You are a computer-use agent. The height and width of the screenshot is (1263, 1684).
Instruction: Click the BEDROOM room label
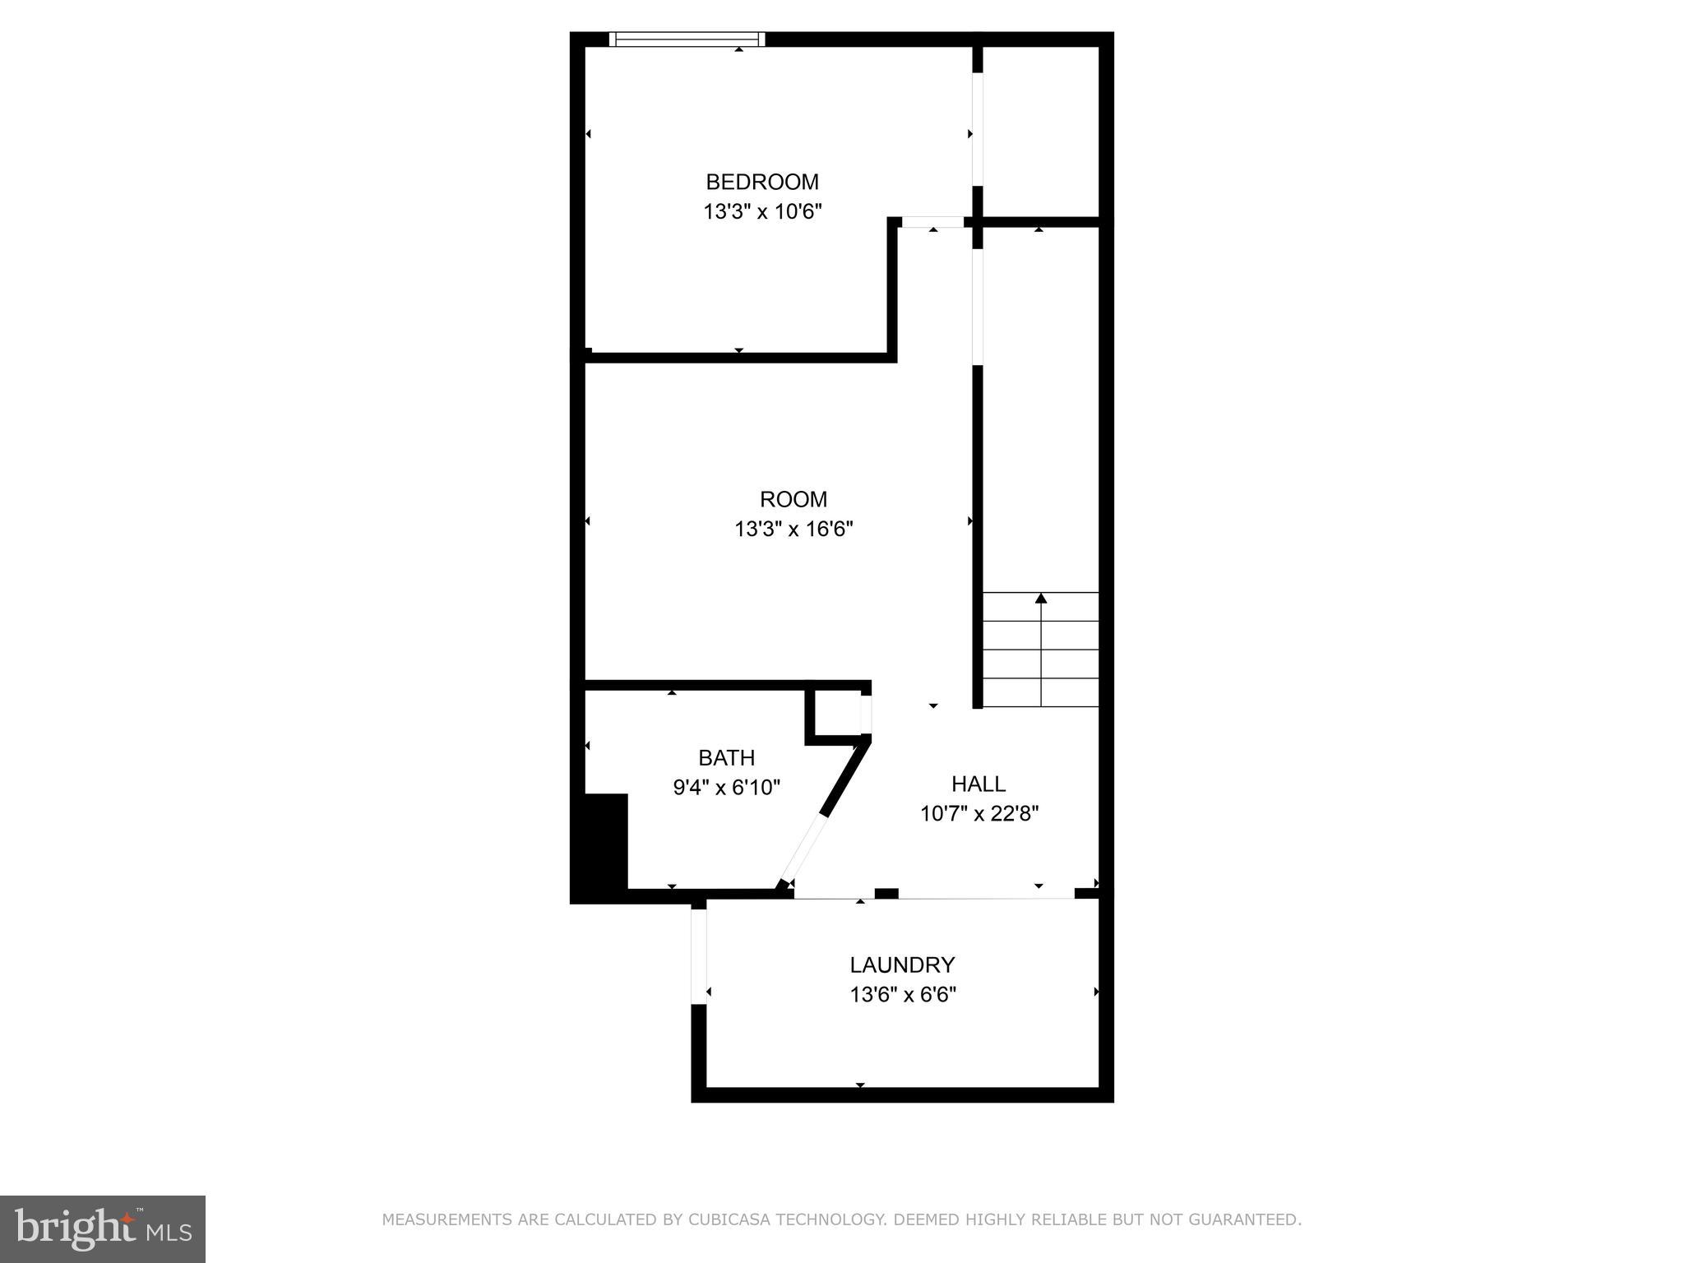point(762,182)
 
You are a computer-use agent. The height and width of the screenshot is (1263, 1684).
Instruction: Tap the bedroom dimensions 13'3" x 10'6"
point(762,212)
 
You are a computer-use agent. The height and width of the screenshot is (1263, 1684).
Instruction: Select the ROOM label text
point(793,499)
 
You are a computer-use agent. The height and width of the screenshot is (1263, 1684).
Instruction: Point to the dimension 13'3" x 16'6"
point(793,529)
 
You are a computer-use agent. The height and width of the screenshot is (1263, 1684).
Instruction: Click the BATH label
point(726,757)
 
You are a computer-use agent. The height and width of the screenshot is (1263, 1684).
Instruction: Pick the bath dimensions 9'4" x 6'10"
point(726,788)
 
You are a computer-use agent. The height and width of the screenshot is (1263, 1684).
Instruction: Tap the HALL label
point(978,784)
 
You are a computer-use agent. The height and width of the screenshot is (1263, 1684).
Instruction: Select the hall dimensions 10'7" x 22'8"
point(978,814)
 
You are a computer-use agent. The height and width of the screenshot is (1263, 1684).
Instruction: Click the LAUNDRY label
point(902,965)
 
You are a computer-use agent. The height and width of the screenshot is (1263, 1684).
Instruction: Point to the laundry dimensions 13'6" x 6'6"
point(902,995)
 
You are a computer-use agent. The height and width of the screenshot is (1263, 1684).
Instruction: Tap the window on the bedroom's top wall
point(687,39)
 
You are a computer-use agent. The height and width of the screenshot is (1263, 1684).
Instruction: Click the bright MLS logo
point(102,1228)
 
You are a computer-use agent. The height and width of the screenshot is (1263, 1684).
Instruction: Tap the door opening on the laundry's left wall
point(699,956)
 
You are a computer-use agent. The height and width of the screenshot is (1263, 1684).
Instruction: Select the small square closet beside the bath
point(837,713)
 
